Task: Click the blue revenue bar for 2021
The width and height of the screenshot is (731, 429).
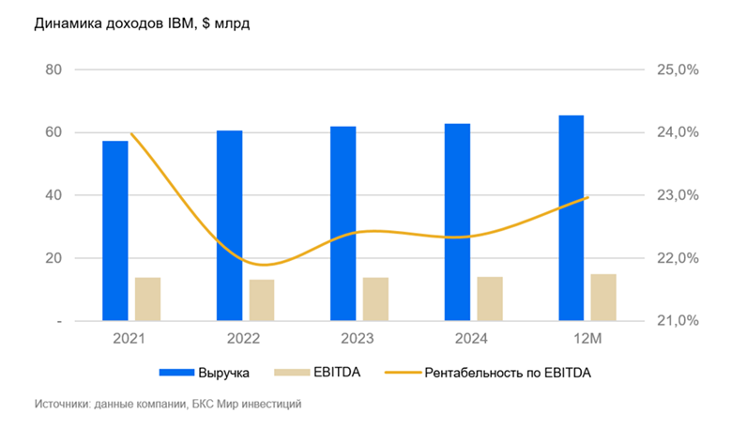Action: (114, 230)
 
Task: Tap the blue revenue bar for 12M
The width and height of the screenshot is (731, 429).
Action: (571, 218)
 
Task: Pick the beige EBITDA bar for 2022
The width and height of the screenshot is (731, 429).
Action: (262, 299)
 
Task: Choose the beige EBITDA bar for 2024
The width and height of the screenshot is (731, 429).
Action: (490, 299)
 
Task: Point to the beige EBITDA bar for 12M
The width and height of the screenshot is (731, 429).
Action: (603, 297)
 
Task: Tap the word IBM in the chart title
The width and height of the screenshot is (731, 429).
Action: (176, 23)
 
